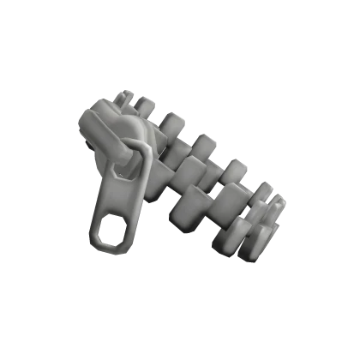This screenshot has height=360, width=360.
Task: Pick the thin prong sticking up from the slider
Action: [128, 95]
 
